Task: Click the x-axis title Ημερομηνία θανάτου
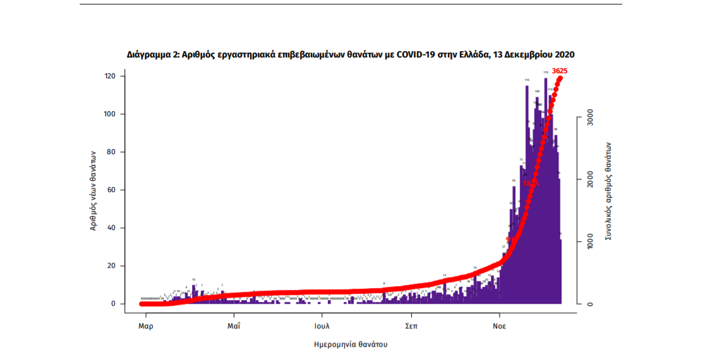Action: pyautogui.click(x=351, y=345)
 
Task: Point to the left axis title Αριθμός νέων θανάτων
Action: pyautogui.click(x=92, y=189)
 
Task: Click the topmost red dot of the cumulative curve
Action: pyautogui.click(x=560, y=78)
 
